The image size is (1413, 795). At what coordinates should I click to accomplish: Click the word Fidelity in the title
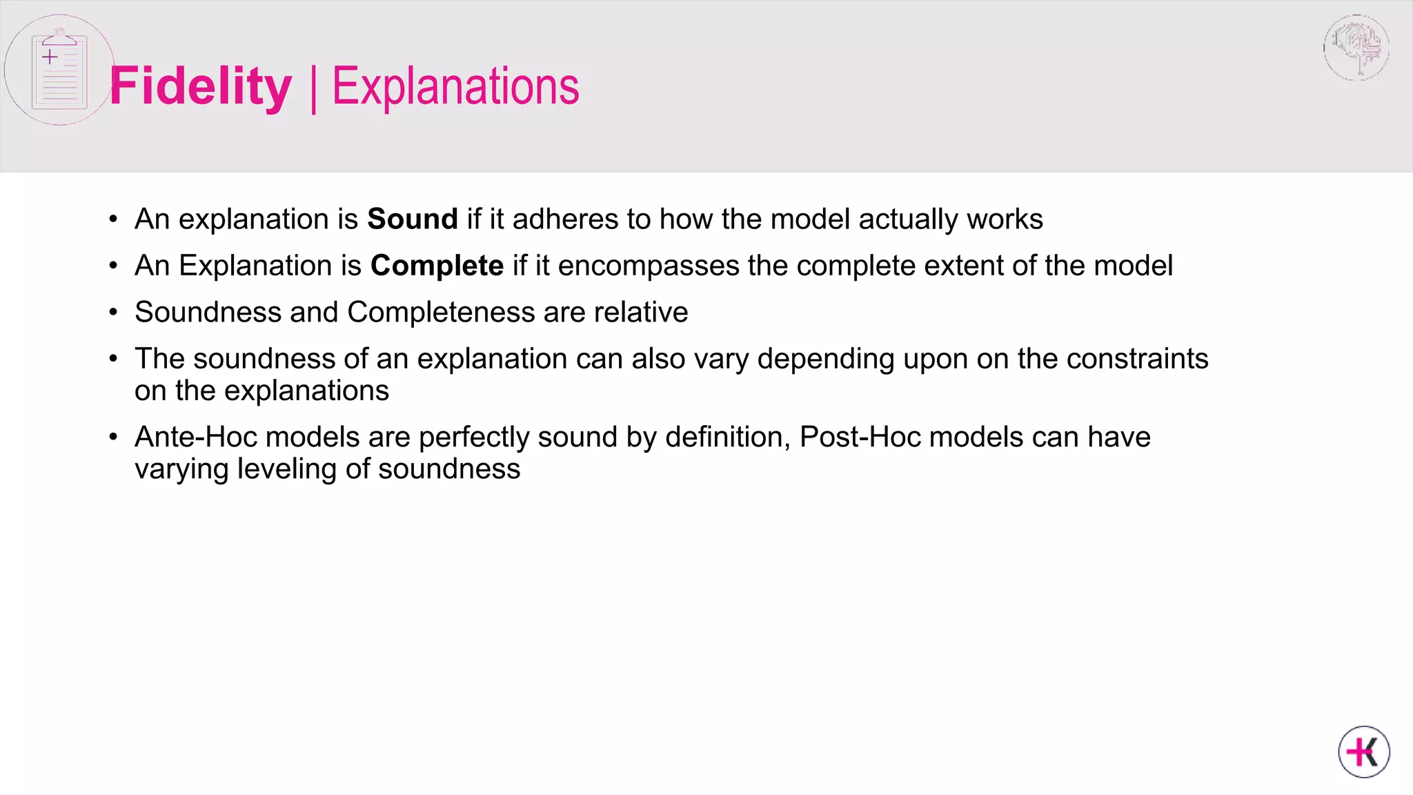tap(200, 87)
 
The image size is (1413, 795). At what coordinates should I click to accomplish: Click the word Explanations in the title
tap(455, 87)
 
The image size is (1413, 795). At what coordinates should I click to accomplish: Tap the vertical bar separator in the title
tap(314, 88)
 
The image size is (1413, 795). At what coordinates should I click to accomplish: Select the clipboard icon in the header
tap(59, 70)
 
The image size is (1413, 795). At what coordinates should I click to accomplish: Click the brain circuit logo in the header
tap(1356, 48)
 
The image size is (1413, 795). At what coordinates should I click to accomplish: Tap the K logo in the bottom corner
tap(1363, 752)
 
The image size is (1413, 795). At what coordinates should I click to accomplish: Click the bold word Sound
tap(412, 219)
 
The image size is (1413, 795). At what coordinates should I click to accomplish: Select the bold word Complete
tap(437, 266)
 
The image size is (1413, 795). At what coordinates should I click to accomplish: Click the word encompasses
tap(648, 266)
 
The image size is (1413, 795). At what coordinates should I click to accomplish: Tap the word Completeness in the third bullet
tap(440, 312)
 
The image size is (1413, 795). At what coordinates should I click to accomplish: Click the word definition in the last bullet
tap(727, 437)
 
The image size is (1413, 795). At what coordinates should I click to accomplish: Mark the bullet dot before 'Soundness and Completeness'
tap(113, 313)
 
